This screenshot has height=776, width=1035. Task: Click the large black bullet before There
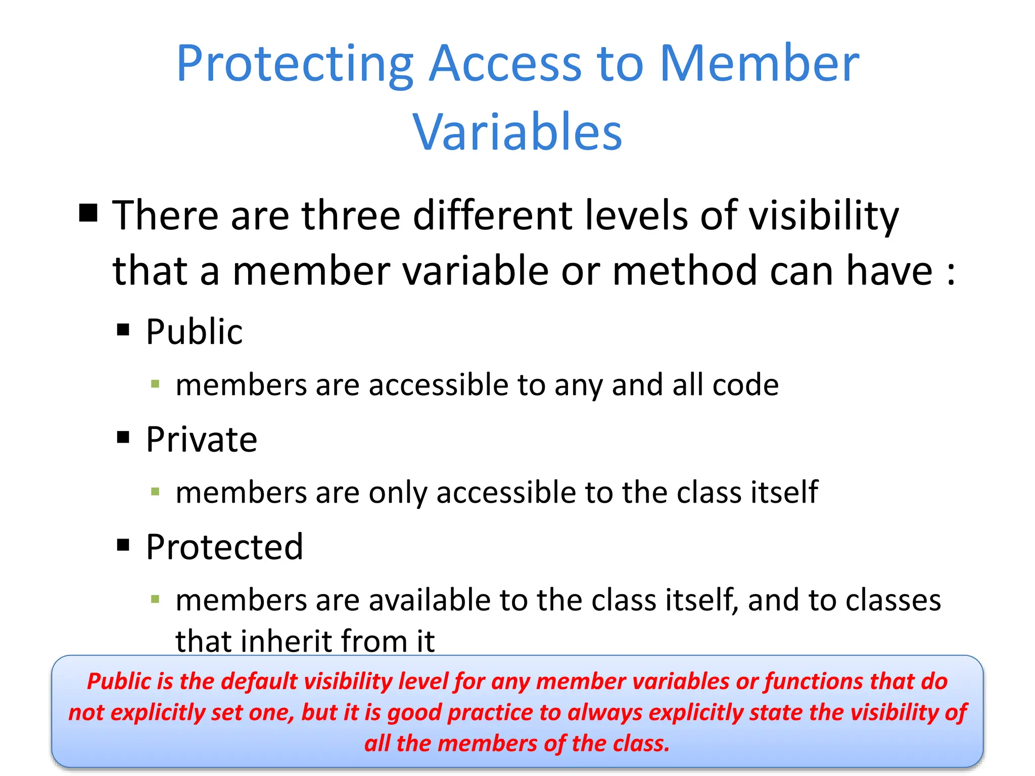(88, 213)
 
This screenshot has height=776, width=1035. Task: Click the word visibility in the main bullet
(823, 216)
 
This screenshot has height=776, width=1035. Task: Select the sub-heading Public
(194, 332)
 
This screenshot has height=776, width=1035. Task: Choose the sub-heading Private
(201, 440)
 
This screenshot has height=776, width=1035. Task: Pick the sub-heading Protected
(224, 547)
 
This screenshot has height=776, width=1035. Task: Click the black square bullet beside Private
(123, 437)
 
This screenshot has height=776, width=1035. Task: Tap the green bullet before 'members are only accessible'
(155, 491)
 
